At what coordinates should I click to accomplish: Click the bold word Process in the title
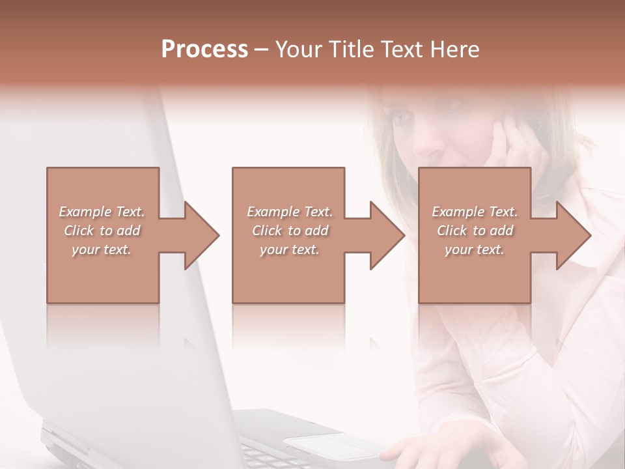pyautogui.click(x=204, y=50)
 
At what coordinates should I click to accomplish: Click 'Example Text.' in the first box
pyautogui.click(x=102, y=212)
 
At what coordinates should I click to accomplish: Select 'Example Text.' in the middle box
pyautogui.click(x=290, y=212)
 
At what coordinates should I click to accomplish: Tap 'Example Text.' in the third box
pyautogui.click(x=475, y=212)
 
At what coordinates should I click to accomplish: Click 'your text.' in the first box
pyautogui.click(x=102, y=249)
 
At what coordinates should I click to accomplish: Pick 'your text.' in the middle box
pyautogui.click(x=290, y=249)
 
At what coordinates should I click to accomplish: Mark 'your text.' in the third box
pyautogui.click(x=475, y=249)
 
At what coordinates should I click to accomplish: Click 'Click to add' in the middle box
pyautogui.click(x=290, y=231)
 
